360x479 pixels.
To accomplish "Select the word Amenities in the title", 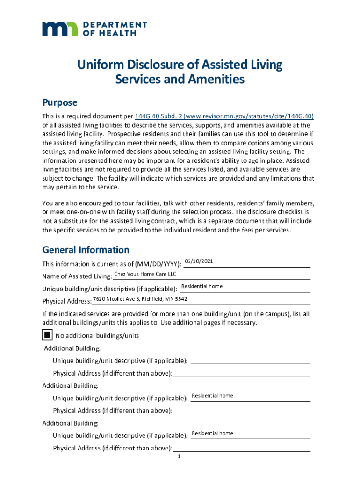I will (216, 80).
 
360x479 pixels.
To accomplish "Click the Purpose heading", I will (60, 102).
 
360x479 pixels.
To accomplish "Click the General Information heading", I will (86, 250).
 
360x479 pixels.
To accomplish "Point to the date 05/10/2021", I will (199, 261).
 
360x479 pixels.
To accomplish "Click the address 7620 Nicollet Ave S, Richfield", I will (140, 299).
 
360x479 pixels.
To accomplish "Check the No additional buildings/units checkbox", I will (47, 335).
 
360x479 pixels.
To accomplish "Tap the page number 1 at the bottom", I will (179, 457).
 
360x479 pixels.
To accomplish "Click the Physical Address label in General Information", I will (67, 301).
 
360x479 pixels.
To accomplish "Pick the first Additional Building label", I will (72, 348).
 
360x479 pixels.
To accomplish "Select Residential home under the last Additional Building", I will (212, 433).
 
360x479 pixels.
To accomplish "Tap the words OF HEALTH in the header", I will (109, 33).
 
